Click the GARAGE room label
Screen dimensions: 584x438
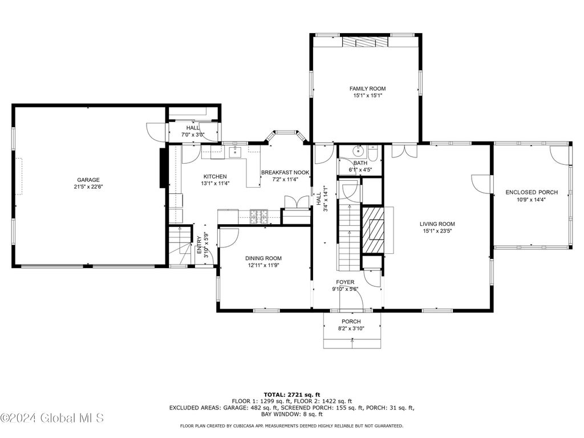point(88,180)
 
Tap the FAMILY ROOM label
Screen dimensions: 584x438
point(368,88)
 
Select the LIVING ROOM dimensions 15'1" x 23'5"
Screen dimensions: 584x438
point(437,231)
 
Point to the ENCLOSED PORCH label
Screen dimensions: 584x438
point(532,192)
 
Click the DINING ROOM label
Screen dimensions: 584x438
point(263,258)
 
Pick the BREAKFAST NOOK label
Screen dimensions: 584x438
point(285,172)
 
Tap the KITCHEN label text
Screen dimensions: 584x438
point(215,177)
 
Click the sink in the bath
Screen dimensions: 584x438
point(359,151)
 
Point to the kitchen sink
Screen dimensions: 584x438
point(235,152)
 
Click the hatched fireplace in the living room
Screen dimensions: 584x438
point(373,230)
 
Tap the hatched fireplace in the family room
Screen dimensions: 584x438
point(366,42)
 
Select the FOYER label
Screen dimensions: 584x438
point(345,282)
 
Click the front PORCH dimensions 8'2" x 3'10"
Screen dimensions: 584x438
point(351,328)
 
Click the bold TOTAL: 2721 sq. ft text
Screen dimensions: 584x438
point(292,395)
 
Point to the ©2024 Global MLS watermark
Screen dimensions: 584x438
point(52,418)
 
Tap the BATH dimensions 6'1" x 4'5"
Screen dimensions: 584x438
point(360,170)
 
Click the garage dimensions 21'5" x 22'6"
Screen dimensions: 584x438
point(88,187)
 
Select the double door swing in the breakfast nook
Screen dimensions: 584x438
point(297,201)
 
